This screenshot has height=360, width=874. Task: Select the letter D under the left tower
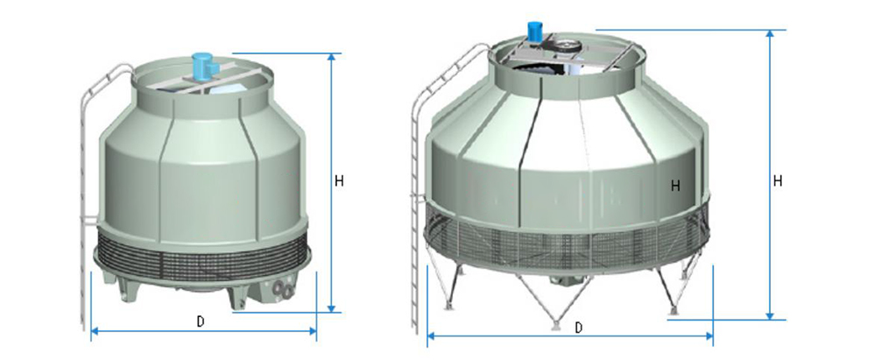(201, 321)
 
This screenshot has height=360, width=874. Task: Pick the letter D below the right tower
(579, 328)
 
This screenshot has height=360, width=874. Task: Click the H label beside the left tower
(339, 181)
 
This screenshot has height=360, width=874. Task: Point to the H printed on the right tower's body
(675, 186)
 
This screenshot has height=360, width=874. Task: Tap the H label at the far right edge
(778, 181)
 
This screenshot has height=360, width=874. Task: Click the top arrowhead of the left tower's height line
(332, 57)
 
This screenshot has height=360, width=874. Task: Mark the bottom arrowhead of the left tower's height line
(332, 308)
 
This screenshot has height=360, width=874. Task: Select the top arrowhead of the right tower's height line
(770, 33)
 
